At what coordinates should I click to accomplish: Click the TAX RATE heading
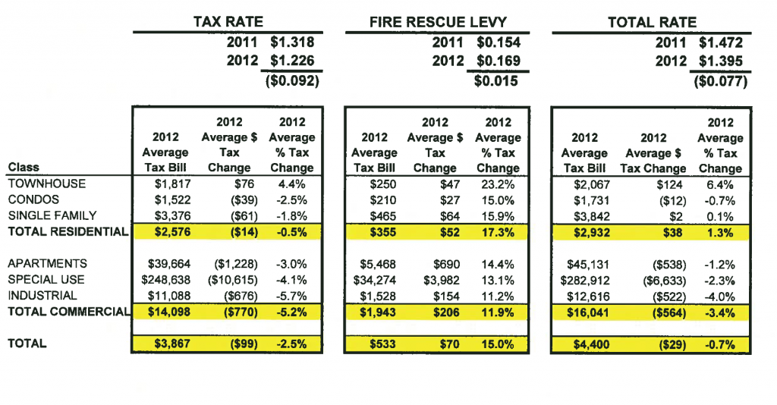(228, 22)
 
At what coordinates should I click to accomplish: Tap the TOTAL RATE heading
(652, 22)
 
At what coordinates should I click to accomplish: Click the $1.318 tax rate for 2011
(292, 42)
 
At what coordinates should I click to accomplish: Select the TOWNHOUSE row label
(46, 184)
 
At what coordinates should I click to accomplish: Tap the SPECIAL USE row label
(46, 279)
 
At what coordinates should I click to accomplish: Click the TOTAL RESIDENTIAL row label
(68, 232)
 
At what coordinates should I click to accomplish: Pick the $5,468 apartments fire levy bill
(379, 263)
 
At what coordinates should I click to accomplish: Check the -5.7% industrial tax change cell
(291, 295)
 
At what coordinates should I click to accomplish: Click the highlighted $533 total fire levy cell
(385, 344)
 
